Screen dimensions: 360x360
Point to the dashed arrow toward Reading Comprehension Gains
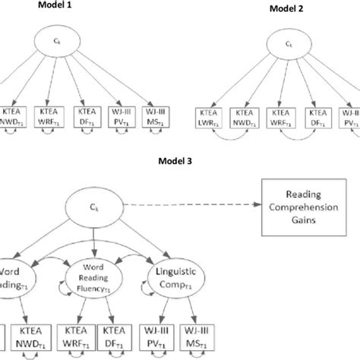click(197, 206)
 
